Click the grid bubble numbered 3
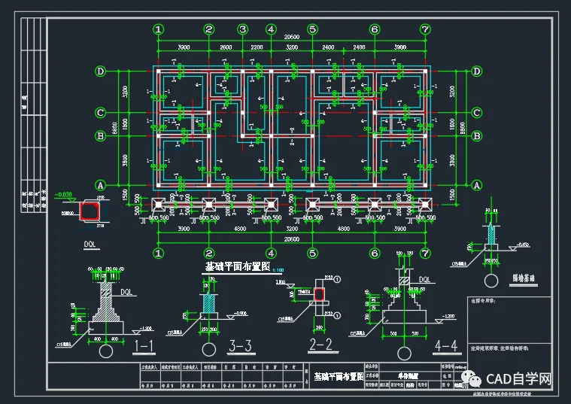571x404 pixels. pyautogui.click(x=242, y=29)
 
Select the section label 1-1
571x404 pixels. pyautogui.click(x=144, y=346)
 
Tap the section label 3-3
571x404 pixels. pyautogui.click(x=239, y=346)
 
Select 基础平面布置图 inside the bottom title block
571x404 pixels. pyautogui.click(x=339, y=375)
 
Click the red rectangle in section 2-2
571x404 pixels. pyautogui.click(x=320, y=293)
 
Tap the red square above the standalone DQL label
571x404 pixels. pyautogui.click(x=91, y=209)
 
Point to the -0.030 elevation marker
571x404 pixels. pyautogui.click(x=64, y=195)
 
